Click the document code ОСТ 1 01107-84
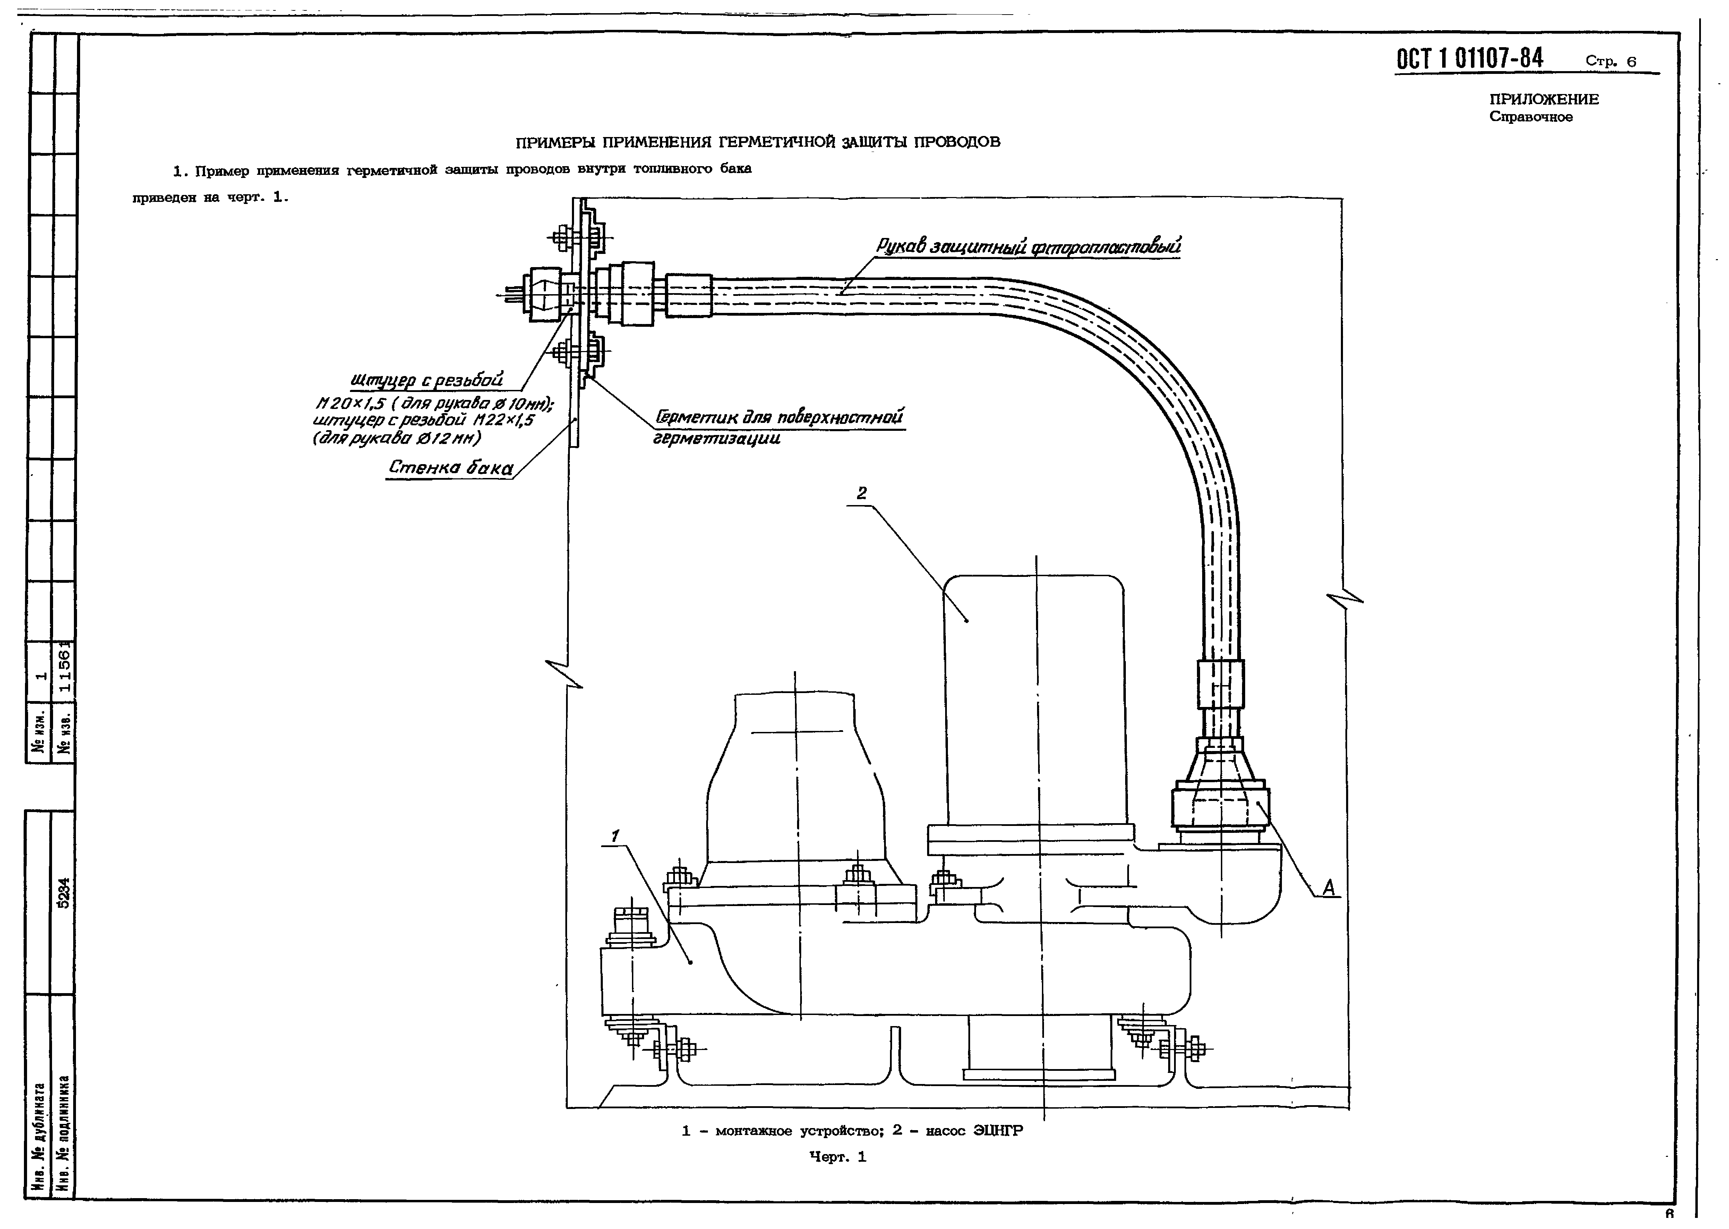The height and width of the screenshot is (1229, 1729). (x=1470, y=58)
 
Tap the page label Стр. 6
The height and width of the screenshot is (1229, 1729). (x=1610, y=61)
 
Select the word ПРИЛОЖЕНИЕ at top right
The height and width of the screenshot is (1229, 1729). (x=1544, y=99)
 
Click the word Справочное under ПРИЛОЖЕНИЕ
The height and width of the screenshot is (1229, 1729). (x=1531, y=117)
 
